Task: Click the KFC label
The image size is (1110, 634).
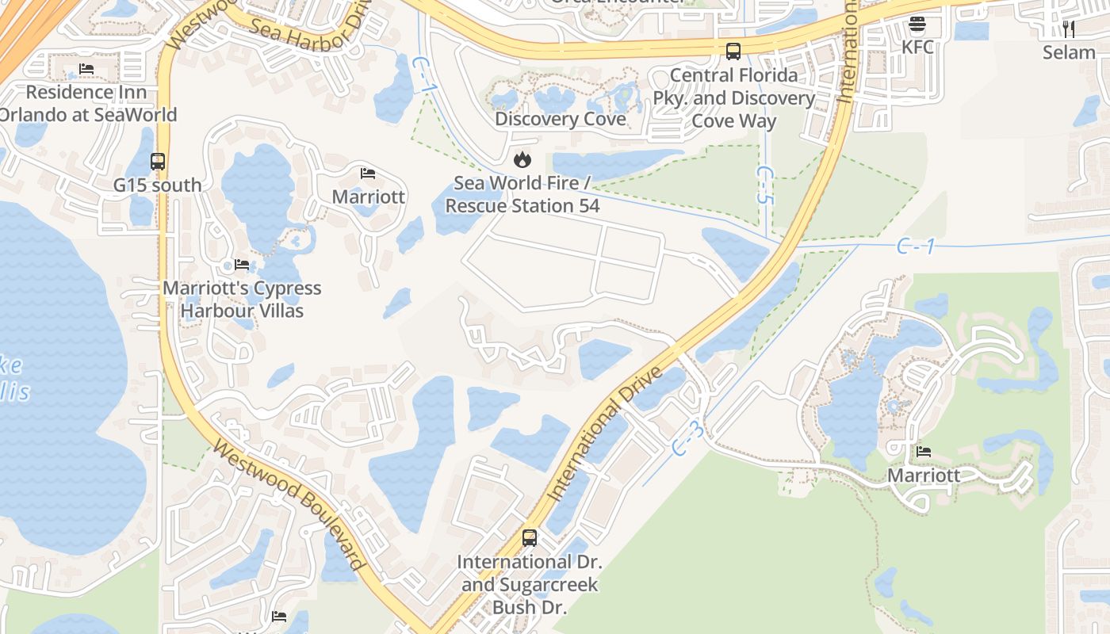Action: (917, 47)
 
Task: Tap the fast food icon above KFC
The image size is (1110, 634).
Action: (917, 24)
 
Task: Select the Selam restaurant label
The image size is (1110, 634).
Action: (1068, 52)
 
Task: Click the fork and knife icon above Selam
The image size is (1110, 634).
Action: (1068, 29)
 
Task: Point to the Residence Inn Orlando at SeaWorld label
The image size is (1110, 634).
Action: (86, 103)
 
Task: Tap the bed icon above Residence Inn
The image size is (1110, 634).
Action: (86, 69)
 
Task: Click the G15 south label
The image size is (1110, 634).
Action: (157, 185)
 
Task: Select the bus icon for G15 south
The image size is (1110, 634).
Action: (157, 162)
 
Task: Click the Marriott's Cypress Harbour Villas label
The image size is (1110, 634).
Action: (242, 299)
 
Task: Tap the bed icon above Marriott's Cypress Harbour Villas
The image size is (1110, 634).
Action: (242, 264)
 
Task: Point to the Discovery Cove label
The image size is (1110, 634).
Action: (560, 119)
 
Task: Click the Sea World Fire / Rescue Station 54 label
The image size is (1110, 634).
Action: (522, 194)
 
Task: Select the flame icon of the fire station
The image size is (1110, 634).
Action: (522, 160)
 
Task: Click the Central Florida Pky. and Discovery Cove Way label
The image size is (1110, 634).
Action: (733, 97)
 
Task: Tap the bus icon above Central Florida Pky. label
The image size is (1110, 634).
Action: (733, 52)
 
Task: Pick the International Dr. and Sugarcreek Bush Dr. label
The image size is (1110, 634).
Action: (530, 585)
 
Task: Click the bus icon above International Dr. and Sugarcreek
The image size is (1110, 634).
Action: (530, 538)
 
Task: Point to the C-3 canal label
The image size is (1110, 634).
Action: (687, 438)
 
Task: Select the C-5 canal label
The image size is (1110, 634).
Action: (764, 185)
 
